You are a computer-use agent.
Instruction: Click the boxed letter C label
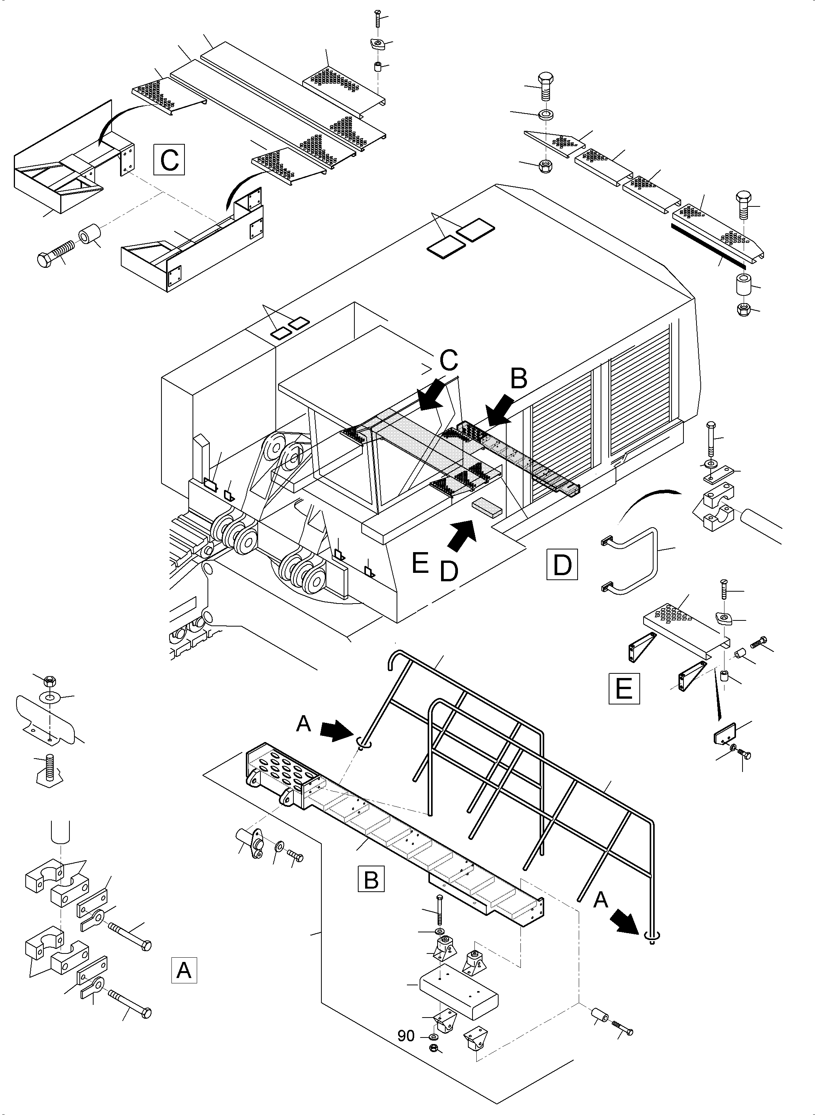169,159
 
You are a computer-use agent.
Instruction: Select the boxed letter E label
624,688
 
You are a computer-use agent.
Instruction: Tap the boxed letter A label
184,970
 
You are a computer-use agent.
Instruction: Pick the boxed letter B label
370,879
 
